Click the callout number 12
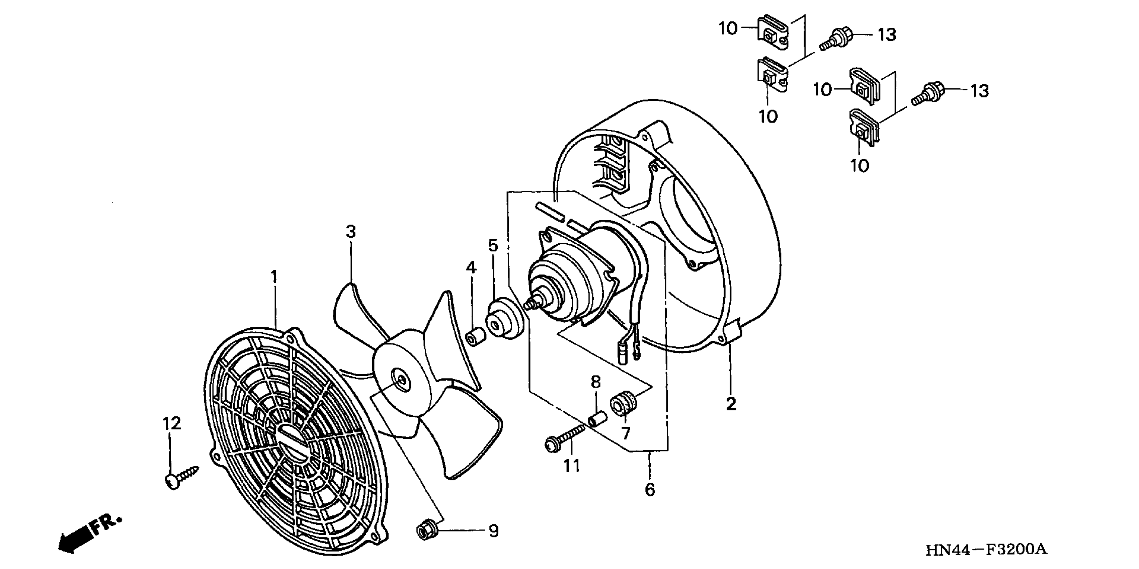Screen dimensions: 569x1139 coord(172,423)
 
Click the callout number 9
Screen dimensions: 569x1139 coord(493,531)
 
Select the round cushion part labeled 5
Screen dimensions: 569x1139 coord(504,319)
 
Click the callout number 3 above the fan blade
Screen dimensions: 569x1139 coord(351,231)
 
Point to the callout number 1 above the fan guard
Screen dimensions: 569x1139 coord(274,277)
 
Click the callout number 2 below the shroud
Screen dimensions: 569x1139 coord(731,404)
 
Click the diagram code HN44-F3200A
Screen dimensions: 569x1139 coord(986,550)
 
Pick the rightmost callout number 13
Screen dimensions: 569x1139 coord(980,91)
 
